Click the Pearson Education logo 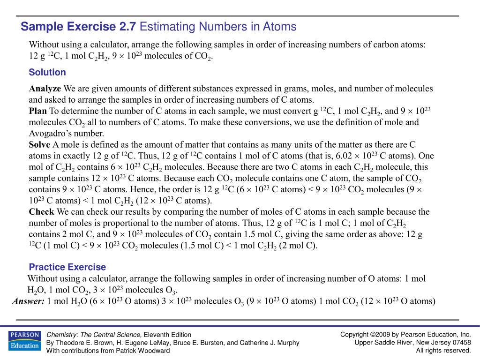(24, 340)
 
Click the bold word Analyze (45, 89)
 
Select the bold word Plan (38, 111)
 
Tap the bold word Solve (39, 145)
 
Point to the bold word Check (42, 212)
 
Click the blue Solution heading (47, 72)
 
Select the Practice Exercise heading (67, 267)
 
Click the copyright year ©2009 (381, 334)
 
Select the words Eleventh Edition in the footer (167, 335)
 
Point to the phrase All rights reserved (443, 350)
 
